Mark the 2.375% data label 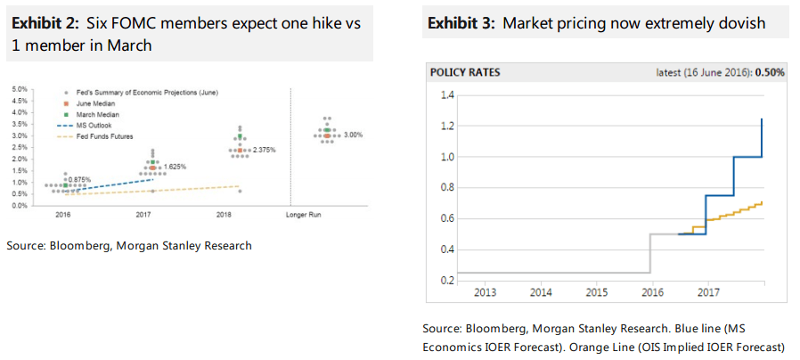point(263,150)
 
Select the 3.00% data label point(353,135)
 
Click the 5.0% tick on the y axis point(20,89)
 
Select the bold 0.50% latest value point(769,72)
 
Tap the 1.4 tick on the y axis point(447,95)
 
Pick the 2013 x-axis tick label point(485,291)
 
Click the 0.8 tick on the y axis point(447,187)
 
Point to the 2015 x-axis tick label point(596,291)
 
